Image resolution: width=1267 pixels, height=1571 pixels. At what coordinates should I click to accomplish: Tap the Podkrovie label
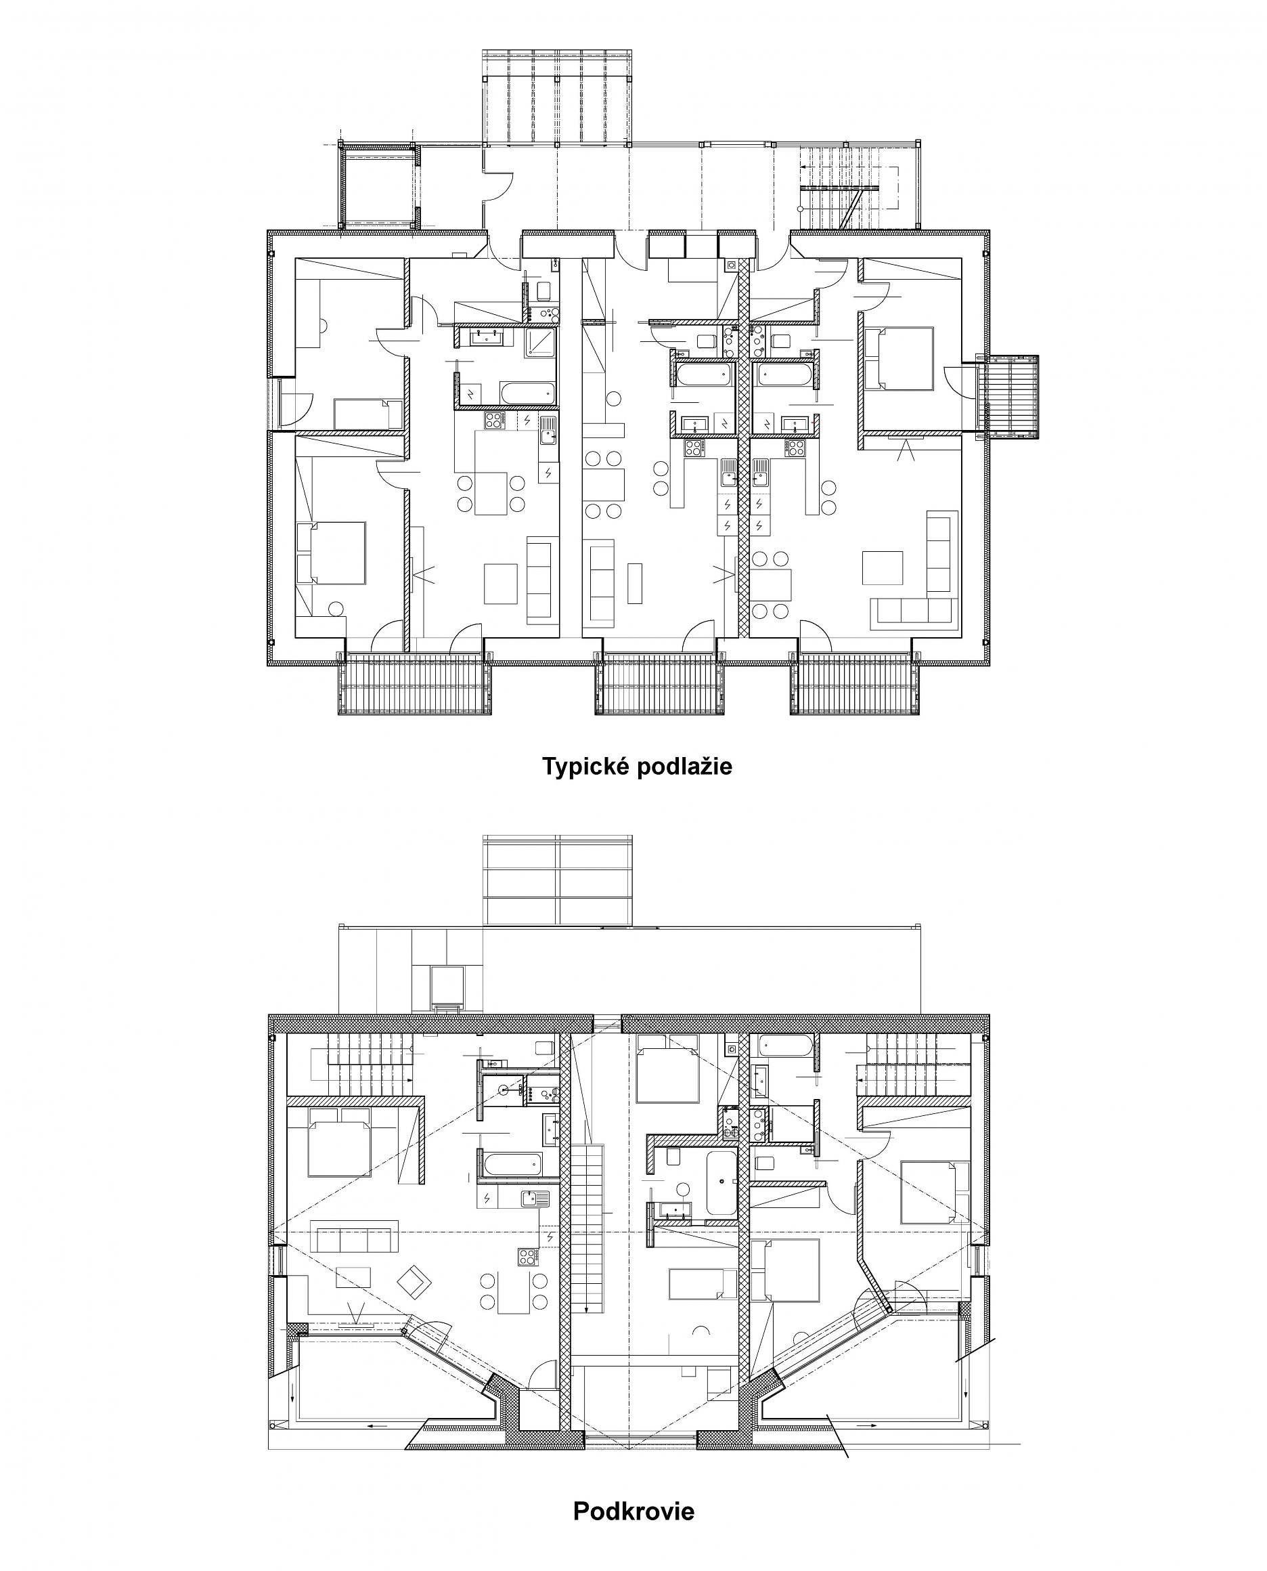coord(633,1512)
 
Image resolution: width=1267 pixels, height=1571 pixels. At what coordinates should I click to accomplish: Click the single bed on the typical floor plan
coord(369,414)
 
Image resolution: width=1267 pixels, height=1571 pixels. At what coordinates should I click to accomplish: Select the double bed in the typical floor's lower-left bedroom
coord(330,553)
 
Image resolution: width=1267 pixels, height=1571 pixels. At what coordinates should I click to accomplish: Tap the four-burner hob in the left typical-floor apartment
coord(495,421)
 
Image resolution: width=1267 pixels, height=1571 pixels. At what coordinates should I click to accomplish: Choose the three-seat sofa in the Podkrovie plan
coord(354,1235)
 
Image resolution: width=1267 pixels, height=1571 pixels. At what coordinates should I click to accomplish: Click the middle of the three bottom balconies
coord(661,683)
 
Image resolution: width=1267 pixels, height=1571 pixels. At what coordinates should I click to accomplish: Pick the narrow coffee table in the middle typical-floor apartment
coord(634,582)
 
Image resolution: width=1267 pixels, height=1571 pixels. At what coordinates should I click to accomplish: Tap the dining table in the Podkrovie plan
coord(514,1292)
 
